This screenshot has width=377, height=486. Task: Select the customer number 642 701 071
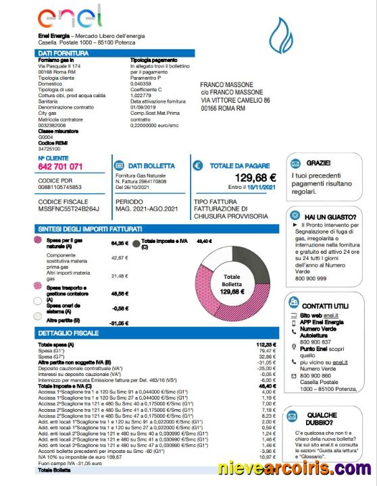[61, 166]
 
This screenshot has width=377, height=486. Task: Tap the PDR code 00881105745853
[60, 187]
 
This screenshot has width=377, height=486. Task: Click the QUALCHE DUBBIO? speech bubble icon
[294, 417]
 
